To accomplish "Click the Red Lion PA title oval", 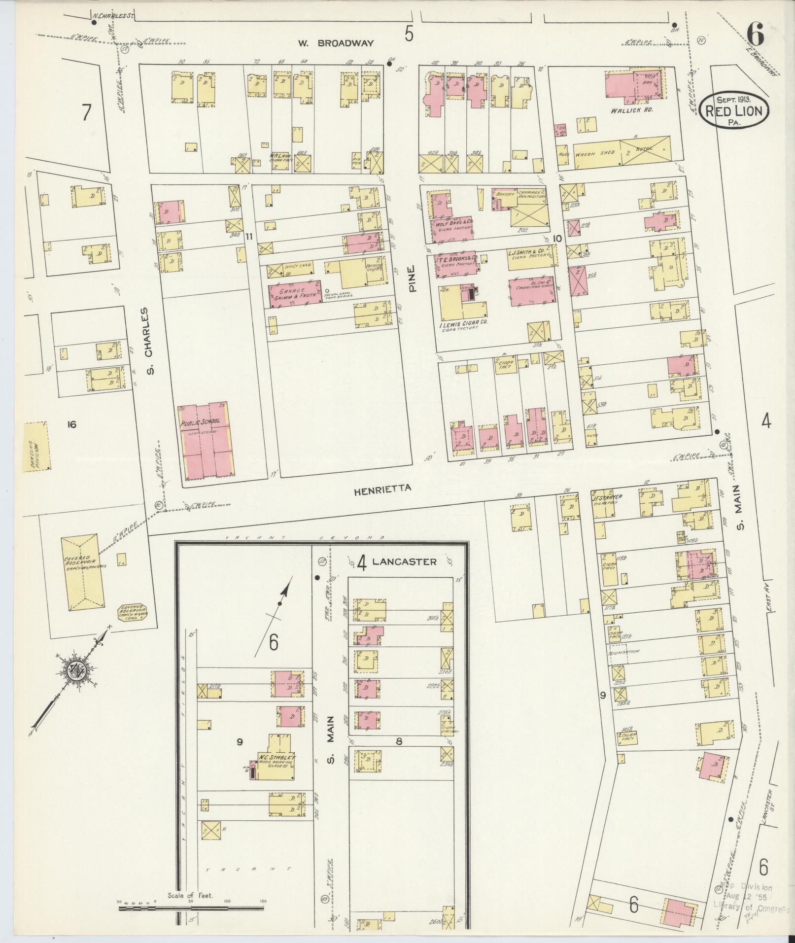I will (734, 111).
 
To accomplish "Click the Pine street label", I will (412, 279).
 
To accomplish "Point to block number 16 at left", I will (72, 424).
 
